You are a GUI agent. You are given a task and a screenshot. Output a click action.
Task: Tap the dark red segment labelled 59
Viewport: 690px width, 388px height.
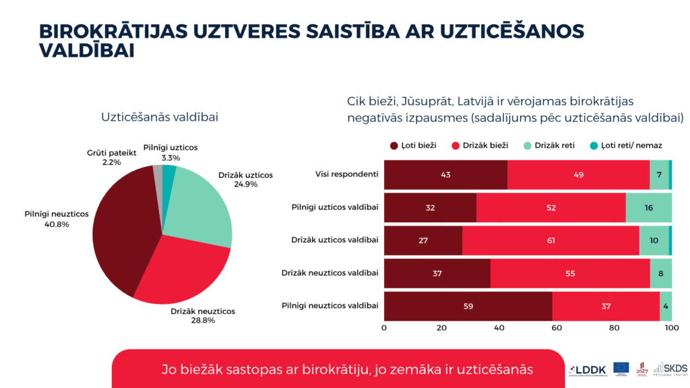coord(468,306)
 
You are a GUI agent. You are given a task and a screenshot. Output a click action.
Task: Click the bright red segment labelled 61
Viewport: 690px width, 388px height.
coord(551,240)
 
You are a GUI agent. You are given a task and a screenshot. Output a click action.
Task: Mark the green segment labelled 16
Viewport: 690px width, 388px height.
coord(648,207)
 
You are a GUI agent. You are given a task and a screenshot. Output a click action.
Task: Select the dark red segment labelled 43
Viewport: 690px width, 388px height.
coord(445,175)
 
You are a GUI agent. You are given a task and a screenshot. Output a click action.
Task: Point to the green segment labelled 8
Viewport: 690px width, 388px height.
coord(660,273)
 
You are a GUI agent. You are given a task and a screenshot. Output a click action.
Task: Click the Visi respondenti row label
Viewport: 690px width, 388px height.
coord(346,175)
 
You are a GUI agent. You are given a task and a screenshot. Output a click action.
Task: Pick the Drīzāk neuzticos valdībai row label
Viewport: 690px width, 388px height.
coord(330,273)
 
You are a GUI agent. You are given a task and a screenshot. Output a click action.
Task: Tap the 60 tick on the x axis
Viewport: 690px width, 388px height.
coord(557,328)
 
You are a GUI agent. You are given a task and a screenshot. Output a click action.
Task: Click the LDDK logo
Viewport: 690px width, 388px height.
coord(588,368)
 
